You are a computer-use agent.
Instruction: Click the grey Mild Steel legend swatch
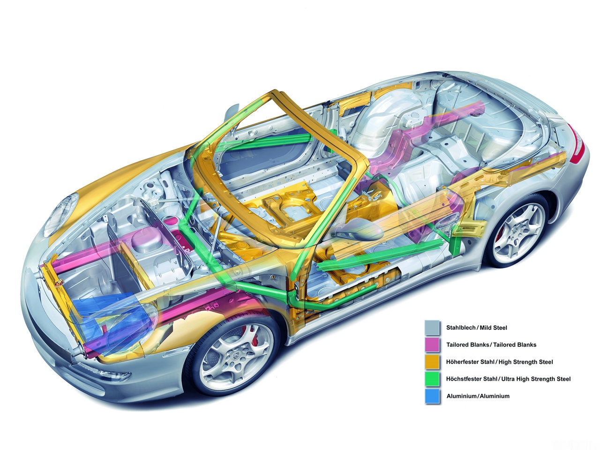[432, 328]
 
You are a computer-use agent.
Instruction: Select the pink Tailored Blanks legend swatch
[432, 345]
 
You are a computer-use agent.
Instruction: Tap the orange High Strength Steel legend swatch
[432, 362]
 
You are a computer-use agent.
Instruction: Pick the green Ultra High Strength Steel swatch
[432, 379]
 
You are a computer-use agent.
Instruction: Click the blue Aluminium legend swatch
[432, 396]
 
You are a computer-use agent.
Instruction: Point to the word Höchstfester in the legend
[464, 379]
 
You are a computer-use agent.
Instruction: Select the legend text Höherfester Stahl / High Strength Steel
[500, 362]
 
